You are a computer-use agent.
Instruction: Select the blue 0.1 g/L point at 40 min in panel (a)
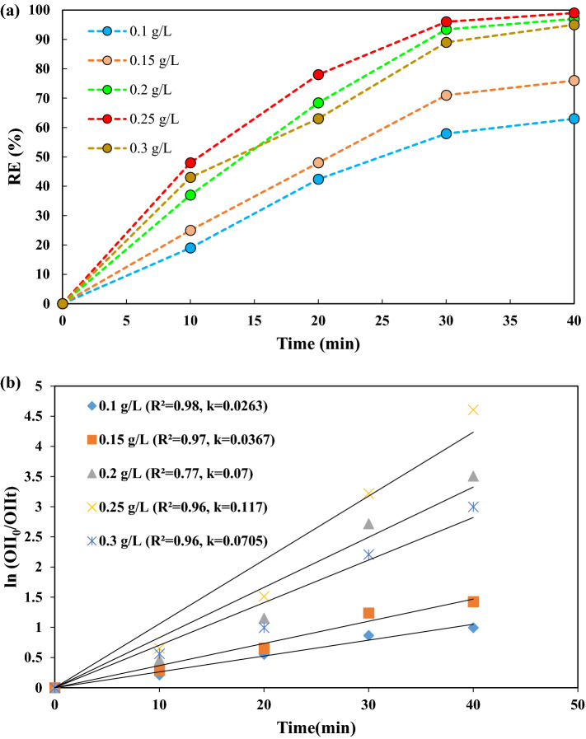tap(574, 119)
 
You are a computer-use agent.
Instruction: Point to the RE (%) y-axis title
tap(16, 157)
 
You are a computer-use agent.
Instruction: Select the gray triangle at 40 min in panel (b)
tap(473, 476)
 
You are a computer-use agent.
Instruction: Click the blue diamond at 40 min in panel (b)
tap(473, 628)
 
